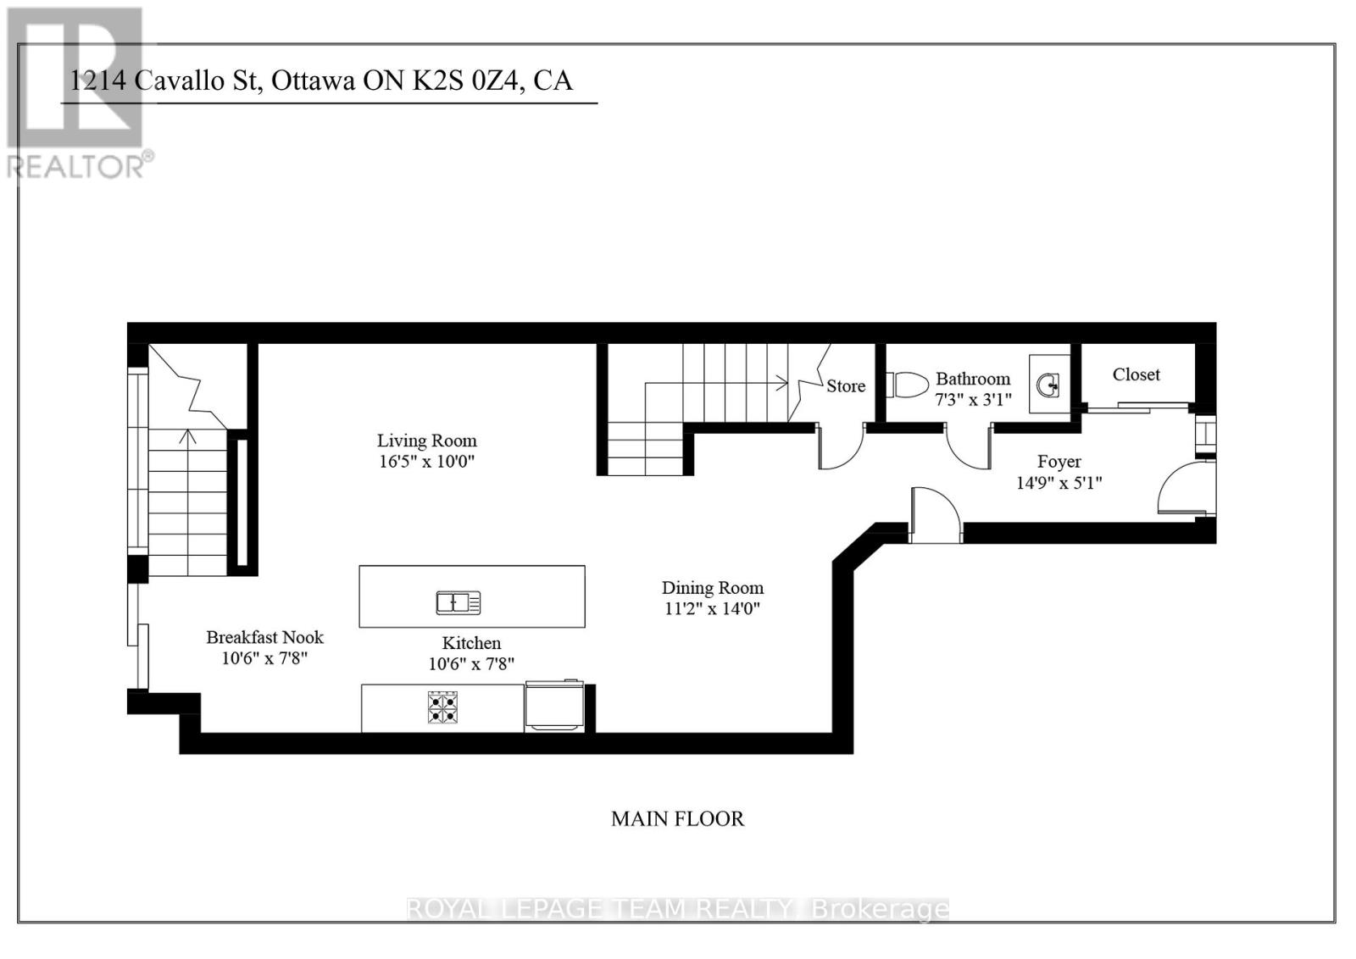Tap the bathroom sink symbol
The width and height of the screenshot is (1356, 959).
click(x=1048, y=386)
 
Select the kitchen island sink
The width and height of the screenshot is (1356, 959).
click(x=458, y=602)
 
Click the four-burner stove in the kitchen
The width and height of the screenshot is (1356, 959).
click(x=442, y=707)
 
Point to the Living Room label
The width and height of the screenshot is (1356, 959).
click(x=426, y=441)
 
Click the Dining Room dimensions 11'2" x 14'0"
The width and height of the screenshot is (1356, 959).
click(x=712, y=608)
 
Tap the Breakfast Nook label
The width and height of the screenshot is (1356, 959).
click(x=264, y=637)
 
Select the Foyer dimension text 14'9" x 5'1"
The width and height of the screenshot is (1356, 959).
click(x=1059, y=483)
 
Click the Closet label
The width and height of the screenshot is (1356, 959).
click(x=1136, y=374)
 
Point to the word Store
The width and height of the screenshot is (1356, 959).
click(x=846, y=386)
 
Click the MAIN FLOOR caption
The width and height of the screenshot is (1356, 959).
click(x=677, y=818)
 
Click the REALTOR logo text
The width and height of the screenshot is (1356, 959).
click(x=81, y=166)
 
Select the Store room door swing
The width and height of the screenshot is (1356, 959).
click(x=840, y=449)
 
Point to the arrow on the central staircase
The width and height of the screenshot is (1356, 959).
click(x=778, y=384)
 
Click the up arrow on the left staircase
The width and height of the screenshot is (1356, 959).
click(x=187, y=438)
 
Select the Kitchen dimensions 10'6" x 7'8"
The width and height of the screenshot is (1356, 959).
click(x=471, y=664)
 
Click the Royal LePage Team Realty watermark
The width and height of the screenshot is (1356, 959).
click(x=677, y=909)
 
